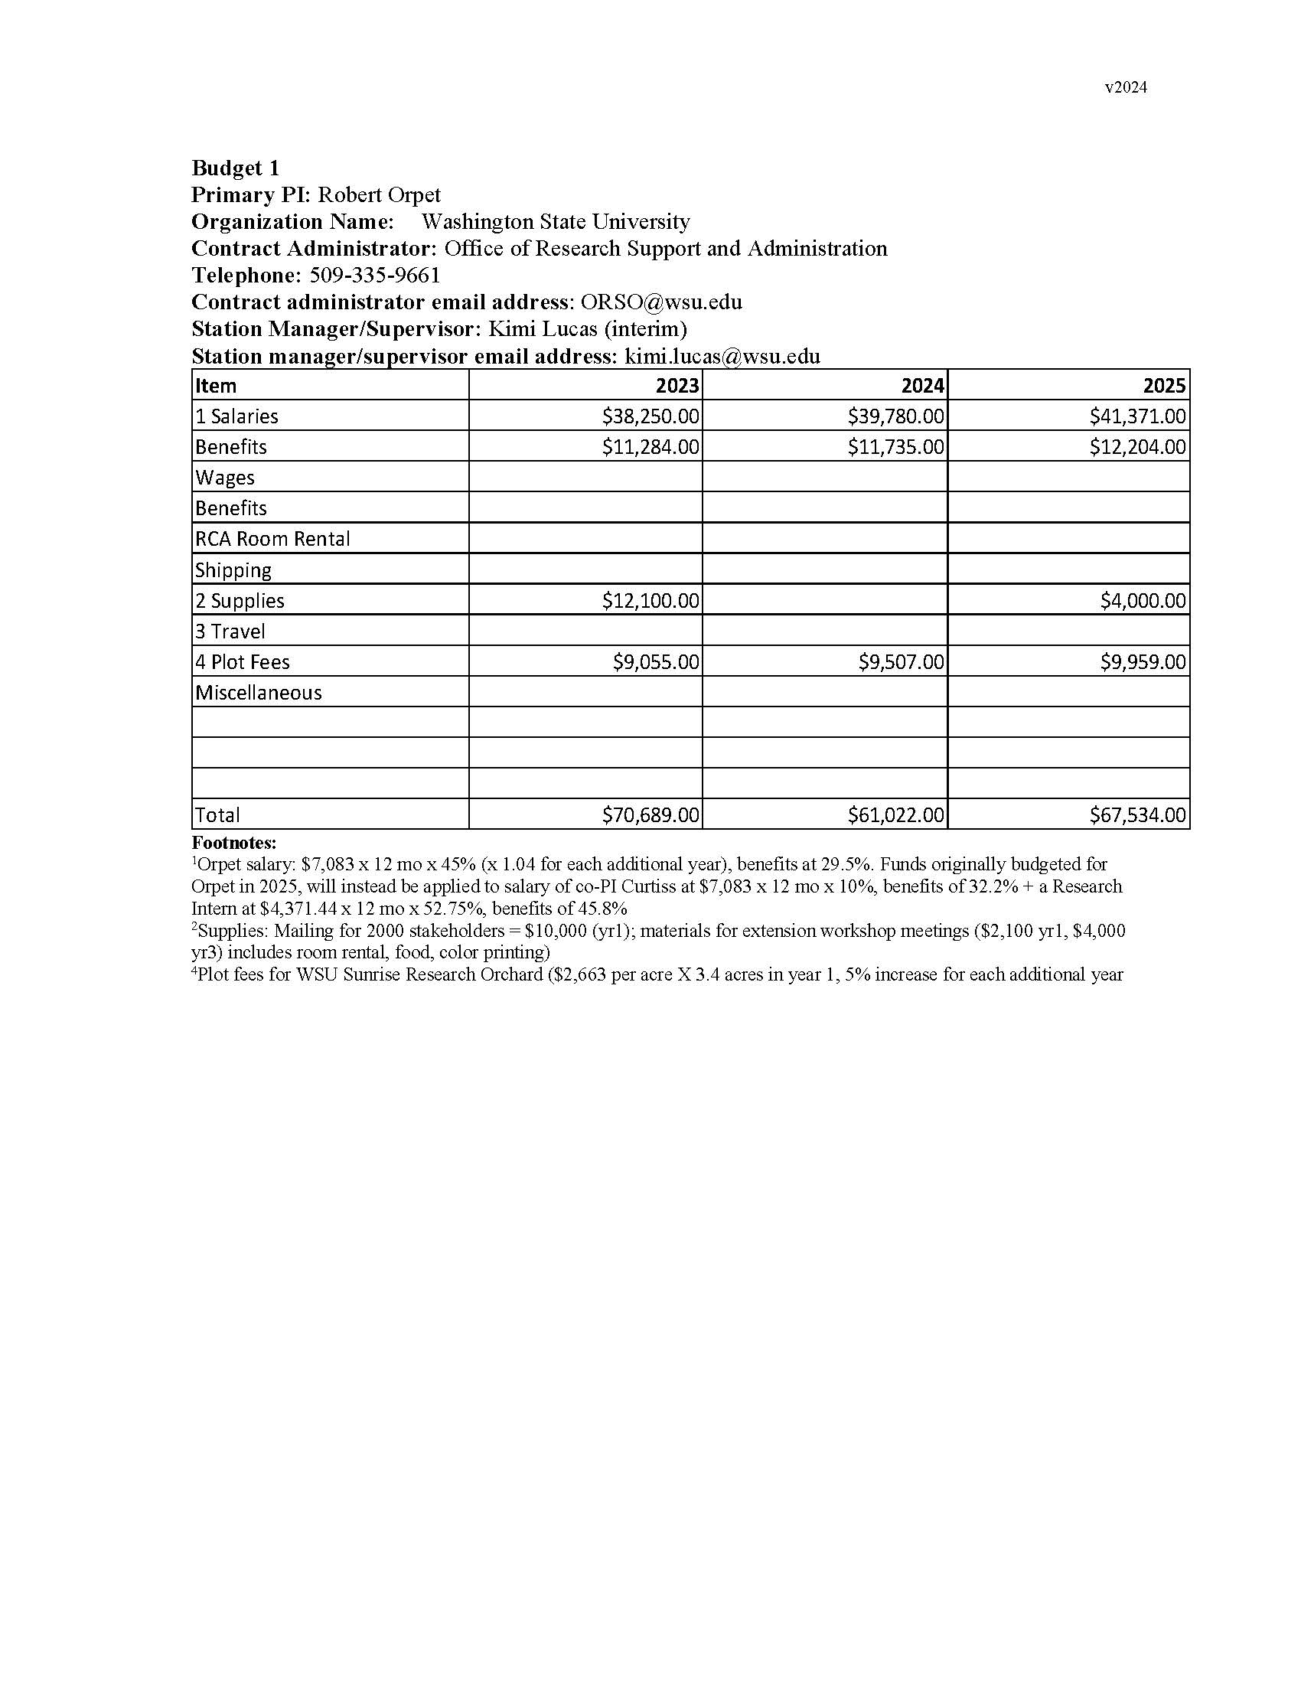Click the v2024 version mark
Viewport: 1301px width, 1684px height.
click(1125, 88)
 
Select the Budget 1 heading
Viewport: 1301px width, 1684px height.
click(235, 168)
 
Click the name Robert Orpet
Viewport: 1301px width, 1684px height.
click(379, 195)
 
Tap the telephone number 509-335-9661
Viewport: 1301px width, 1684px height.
click(374, 276)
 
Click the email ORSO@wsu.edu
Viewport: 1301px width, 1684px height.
click(661, 302)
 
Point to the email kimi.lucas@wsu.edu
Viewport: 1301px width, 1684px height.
click(722, 356)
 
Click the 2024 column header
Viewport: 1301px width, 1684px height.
click(922, 386)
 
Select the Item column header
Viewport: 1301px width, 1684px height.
click(216, 386)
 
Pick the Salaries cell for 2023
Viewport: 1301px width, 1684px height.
click(650, 416)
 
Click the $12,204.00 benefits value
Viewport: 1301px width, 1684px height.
click(1137, 447)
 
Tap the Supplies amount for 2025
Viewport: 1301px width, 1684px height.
click(1143, 601)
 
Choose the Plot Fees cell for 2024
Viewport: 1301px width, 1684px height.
click(901, 662)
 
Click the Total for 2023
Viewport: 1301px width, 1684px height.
click(650, 815)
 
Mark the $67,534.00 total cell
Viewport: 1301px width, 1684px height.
click(1137, 815)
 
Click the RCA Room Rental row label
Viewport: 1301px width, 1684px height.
click(273, 539)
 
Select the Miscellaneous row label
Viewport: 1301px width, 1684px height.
click(258, 693)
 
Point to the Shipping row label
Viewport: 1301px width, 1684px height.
click(233, 570)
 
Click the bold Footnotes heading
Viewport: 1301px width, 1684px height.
click(233, 843)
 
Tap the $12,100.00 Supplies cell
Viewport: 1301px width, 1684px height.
click(650, 601)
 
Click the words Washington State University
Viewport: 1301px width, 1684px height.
click(556, 222)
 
